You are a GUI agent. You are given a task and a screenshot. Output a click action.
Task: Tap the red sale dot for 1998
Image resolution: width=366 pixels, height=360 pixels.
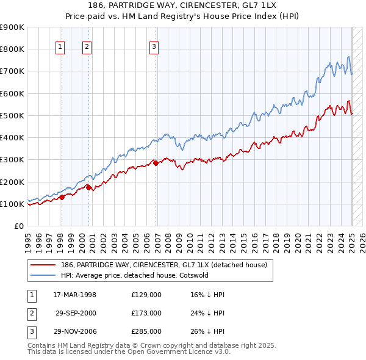pos(62,197)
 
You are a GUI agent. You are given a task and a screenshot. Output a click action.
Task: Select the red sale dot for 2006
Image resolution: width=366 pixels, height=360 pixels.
pos(156,163)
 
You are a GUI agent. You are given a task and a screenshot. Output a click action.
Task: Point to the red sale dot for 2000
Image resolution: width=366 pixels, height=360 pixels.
pos(89,187)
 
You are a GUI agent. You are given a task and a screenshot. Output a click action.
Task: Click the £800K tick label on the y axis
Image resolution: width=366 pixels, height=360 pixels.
pos(12,49)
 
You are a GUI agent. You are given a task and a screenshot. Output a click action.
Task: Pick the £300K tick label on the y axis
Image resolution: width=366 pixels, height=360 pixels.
pos(12,160)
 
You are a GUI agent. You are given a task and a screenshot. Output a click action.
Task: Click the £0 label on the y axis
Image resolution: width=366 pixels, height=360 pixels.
pos(18,226)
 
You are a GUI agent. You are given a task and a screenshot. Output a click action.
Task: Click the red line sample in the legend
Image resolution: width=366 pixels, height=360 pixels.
pos(43,265)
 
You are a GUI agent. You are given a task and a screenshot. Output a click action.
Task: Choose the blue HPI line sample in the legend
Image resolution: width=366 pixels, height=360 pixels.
pos(43,275)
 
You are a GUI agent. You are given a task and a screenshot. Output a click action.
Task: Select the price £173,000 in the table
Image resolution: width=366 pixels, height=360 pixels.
pos(146,313)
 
